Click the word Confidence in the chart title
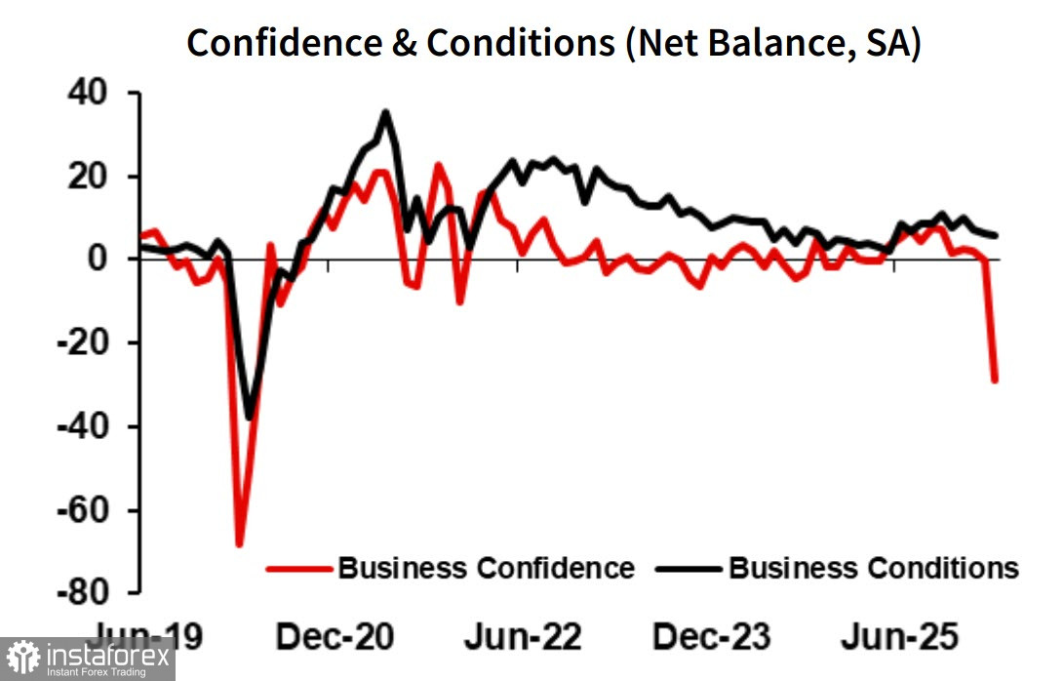pos(289,44)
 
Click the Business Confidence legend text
pos(486,568)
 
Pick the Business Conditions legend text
pos(873,568)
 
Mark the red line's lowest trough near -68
pos(239,543)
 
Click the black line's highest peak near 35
pos(385,112)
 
